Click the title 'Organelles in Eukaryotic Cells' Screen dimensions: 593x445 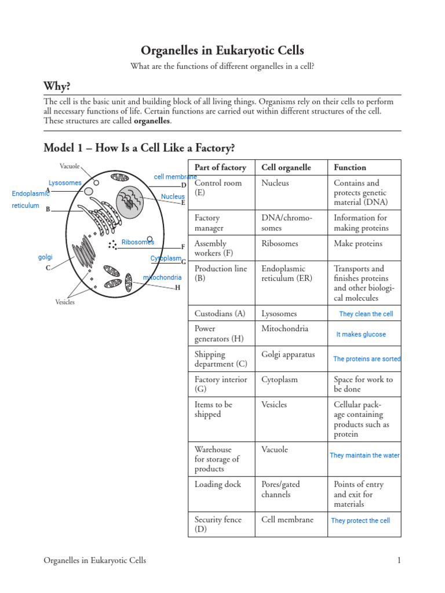tap(222, 50)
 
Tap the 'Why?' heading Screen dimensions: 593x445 tap(57, 86)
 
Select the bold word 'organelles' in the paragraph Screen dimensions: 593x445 tap(152, 121)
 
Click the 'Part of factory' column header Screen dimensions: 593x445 tap(220, 167)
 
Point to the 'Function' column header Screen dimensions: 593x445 tap(350, 167)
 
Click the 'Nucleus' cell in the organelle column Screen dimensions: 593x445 tap(275, 183)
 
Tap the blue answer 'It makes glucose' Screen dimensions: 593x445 tap(361, 334)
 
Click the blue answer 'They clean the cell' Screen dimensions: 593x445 tap(366, 314)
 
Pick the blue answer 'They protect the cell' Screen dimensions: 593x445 tap(360, 521)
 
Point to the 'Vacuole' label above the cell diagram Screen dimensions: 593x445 tap(70, 166)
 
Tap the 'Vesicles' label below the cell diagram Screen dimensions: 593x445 tap(65, 302)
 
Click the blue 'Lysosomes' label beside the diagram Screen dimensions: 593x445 tap(65, 183)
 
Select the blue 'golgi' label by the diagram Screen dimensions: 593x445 tap(45, 257)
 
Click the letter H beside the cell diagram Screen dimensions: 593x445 tap(178, 287)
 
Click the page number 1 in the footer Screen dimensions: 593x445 tap(399, 560)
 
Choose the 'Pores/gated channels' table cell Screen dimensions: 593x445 tap(280, 489)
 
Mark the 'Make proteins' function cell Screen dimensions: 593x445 tap(358, 243)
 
